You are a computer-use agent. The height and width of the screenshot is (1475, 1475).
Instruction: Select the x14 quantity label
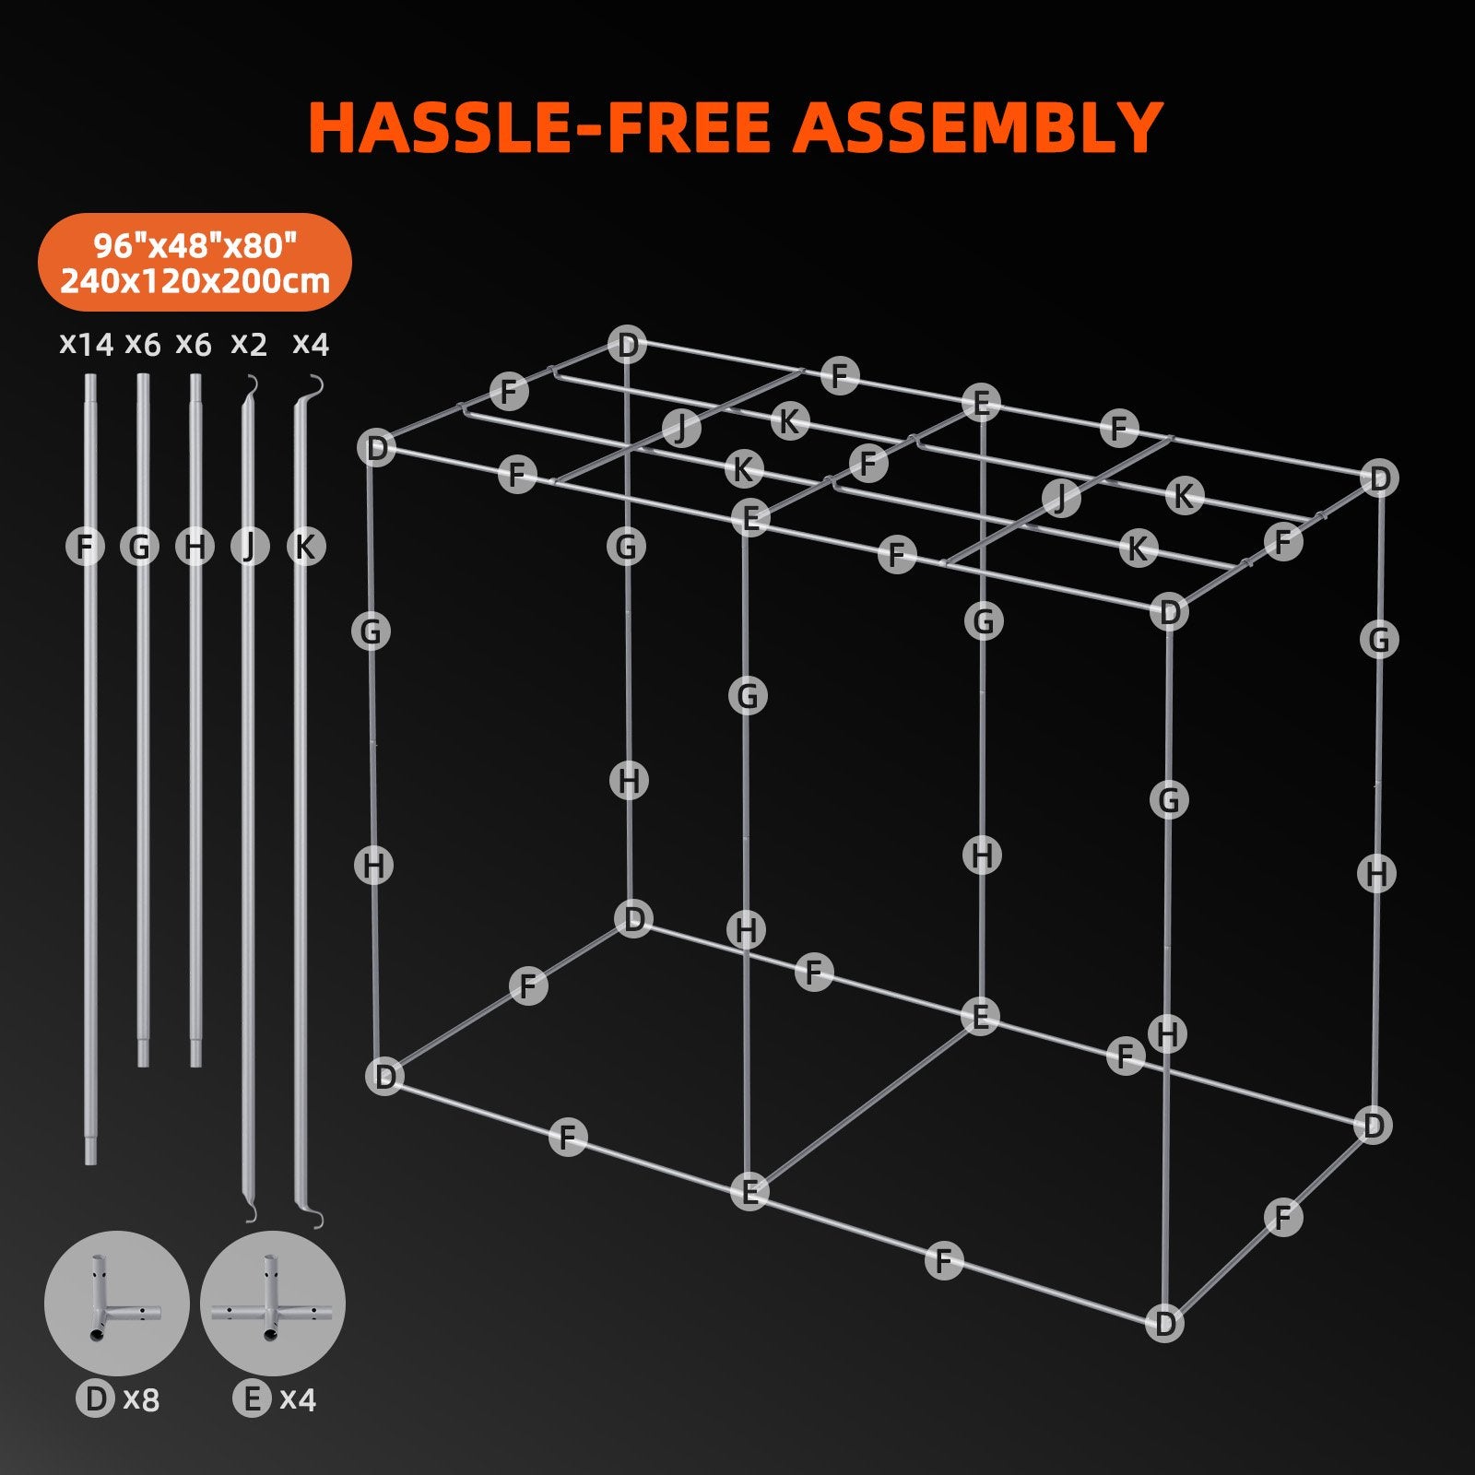click(86, 345)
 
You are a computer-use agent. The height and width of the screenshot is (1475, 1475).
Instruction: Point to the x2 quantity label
click(249, 345)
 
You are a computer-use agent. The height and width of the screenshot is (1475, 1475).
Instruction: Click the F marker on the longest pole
click(85, 547)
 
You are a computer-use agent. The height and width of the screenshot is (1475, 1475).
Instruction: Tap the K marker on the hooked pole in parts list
click(306, 547)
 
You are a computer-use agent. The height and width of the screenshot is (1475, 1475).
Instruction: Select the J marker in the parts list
click(249, 547)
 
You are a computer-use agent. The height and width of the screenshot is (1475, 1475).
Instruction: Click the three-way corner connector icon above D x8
click(117, 1304)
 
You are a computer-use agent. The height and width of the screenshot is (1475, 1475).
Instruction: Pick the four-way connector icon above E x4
click(272, 1304)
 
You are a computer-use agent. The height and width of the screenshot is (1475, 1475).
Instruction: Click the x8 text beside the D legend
click(141, 1399)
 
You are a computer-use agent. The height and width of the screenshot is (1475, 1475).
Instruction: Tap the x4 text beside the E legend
click(298, 1399)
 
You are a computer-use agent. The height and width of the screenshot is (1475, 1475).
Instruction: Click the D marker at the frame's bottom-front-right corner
click(1164, 1324)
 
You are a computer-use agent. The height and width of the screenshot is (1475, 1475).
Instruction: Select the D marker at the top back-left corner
click(628, 346)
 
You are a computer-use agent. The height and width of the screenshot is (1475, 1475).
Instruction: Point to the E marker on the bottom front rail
click(749, 1192)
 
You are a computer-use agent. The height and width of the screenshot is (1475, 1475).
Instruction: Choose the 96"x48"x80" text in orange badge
click(195, 246)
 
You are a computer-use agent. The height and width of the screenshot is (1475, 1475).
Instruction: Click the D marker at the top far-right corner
click(1379, 478)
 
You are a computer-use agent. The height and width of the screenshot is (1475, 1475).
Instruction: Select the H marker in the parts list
click(195, 547)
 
